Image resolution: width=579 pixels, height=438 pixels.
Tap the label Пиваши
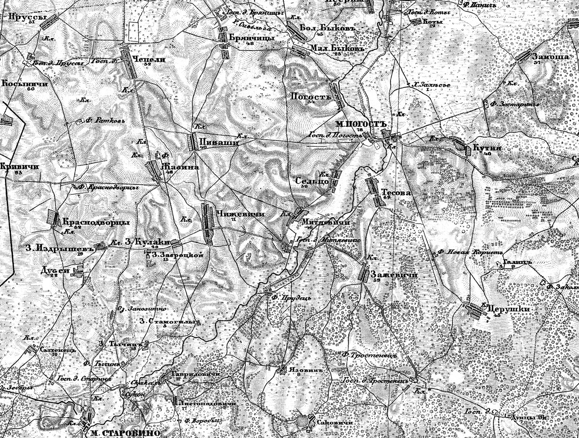[x=219, y=143]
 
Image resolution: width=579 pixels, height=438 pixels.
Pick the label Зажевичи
[x=394, y=275]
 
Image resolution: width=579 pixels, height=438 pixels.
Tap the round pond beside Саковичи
[x=303, y=420]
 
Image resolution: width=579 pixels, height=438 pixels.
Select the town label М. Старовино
[x=125, y=433]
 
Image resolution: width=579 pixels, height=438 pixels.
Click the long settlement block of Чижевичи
[x=208, y=224]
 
